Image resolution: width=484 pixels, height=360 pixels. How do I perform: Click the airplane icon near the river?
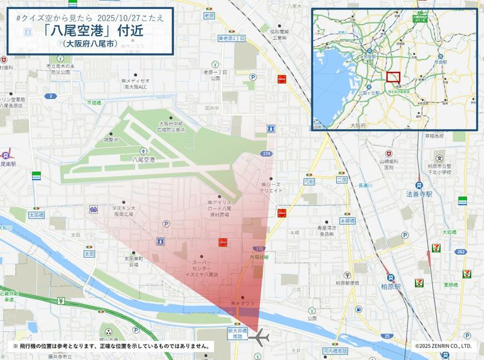[259, 337]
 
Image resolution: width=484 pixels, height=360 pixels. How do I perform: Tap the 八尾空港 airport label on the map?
[143, 159]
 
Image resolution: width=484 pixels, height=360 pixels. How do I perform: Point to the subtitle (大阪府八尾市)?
[90, 43]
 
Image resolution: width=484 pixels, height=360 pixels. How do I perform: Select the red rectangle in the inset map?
[393, 77]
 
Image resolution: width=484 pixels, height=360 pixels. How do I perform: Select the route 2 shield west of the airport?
[51, 96]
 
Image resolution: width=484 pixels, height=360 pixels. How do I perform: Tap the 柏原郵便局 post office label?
[347, 283]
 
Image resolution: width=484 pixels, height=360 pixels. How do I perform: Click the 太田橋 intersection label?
[36, 214]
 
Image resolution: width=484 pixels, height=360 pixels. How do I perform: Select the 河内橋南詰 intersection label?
[335, 351]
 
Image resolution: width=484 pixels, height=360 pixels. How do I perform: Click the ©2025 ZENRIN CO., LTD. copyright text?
[443, 346]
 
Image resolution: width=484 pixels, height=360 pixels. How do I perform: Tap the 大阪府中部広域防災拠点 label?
[172, 126]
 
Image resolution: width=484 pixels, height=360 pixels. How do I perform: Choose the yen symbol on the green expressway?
[61, 301]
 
